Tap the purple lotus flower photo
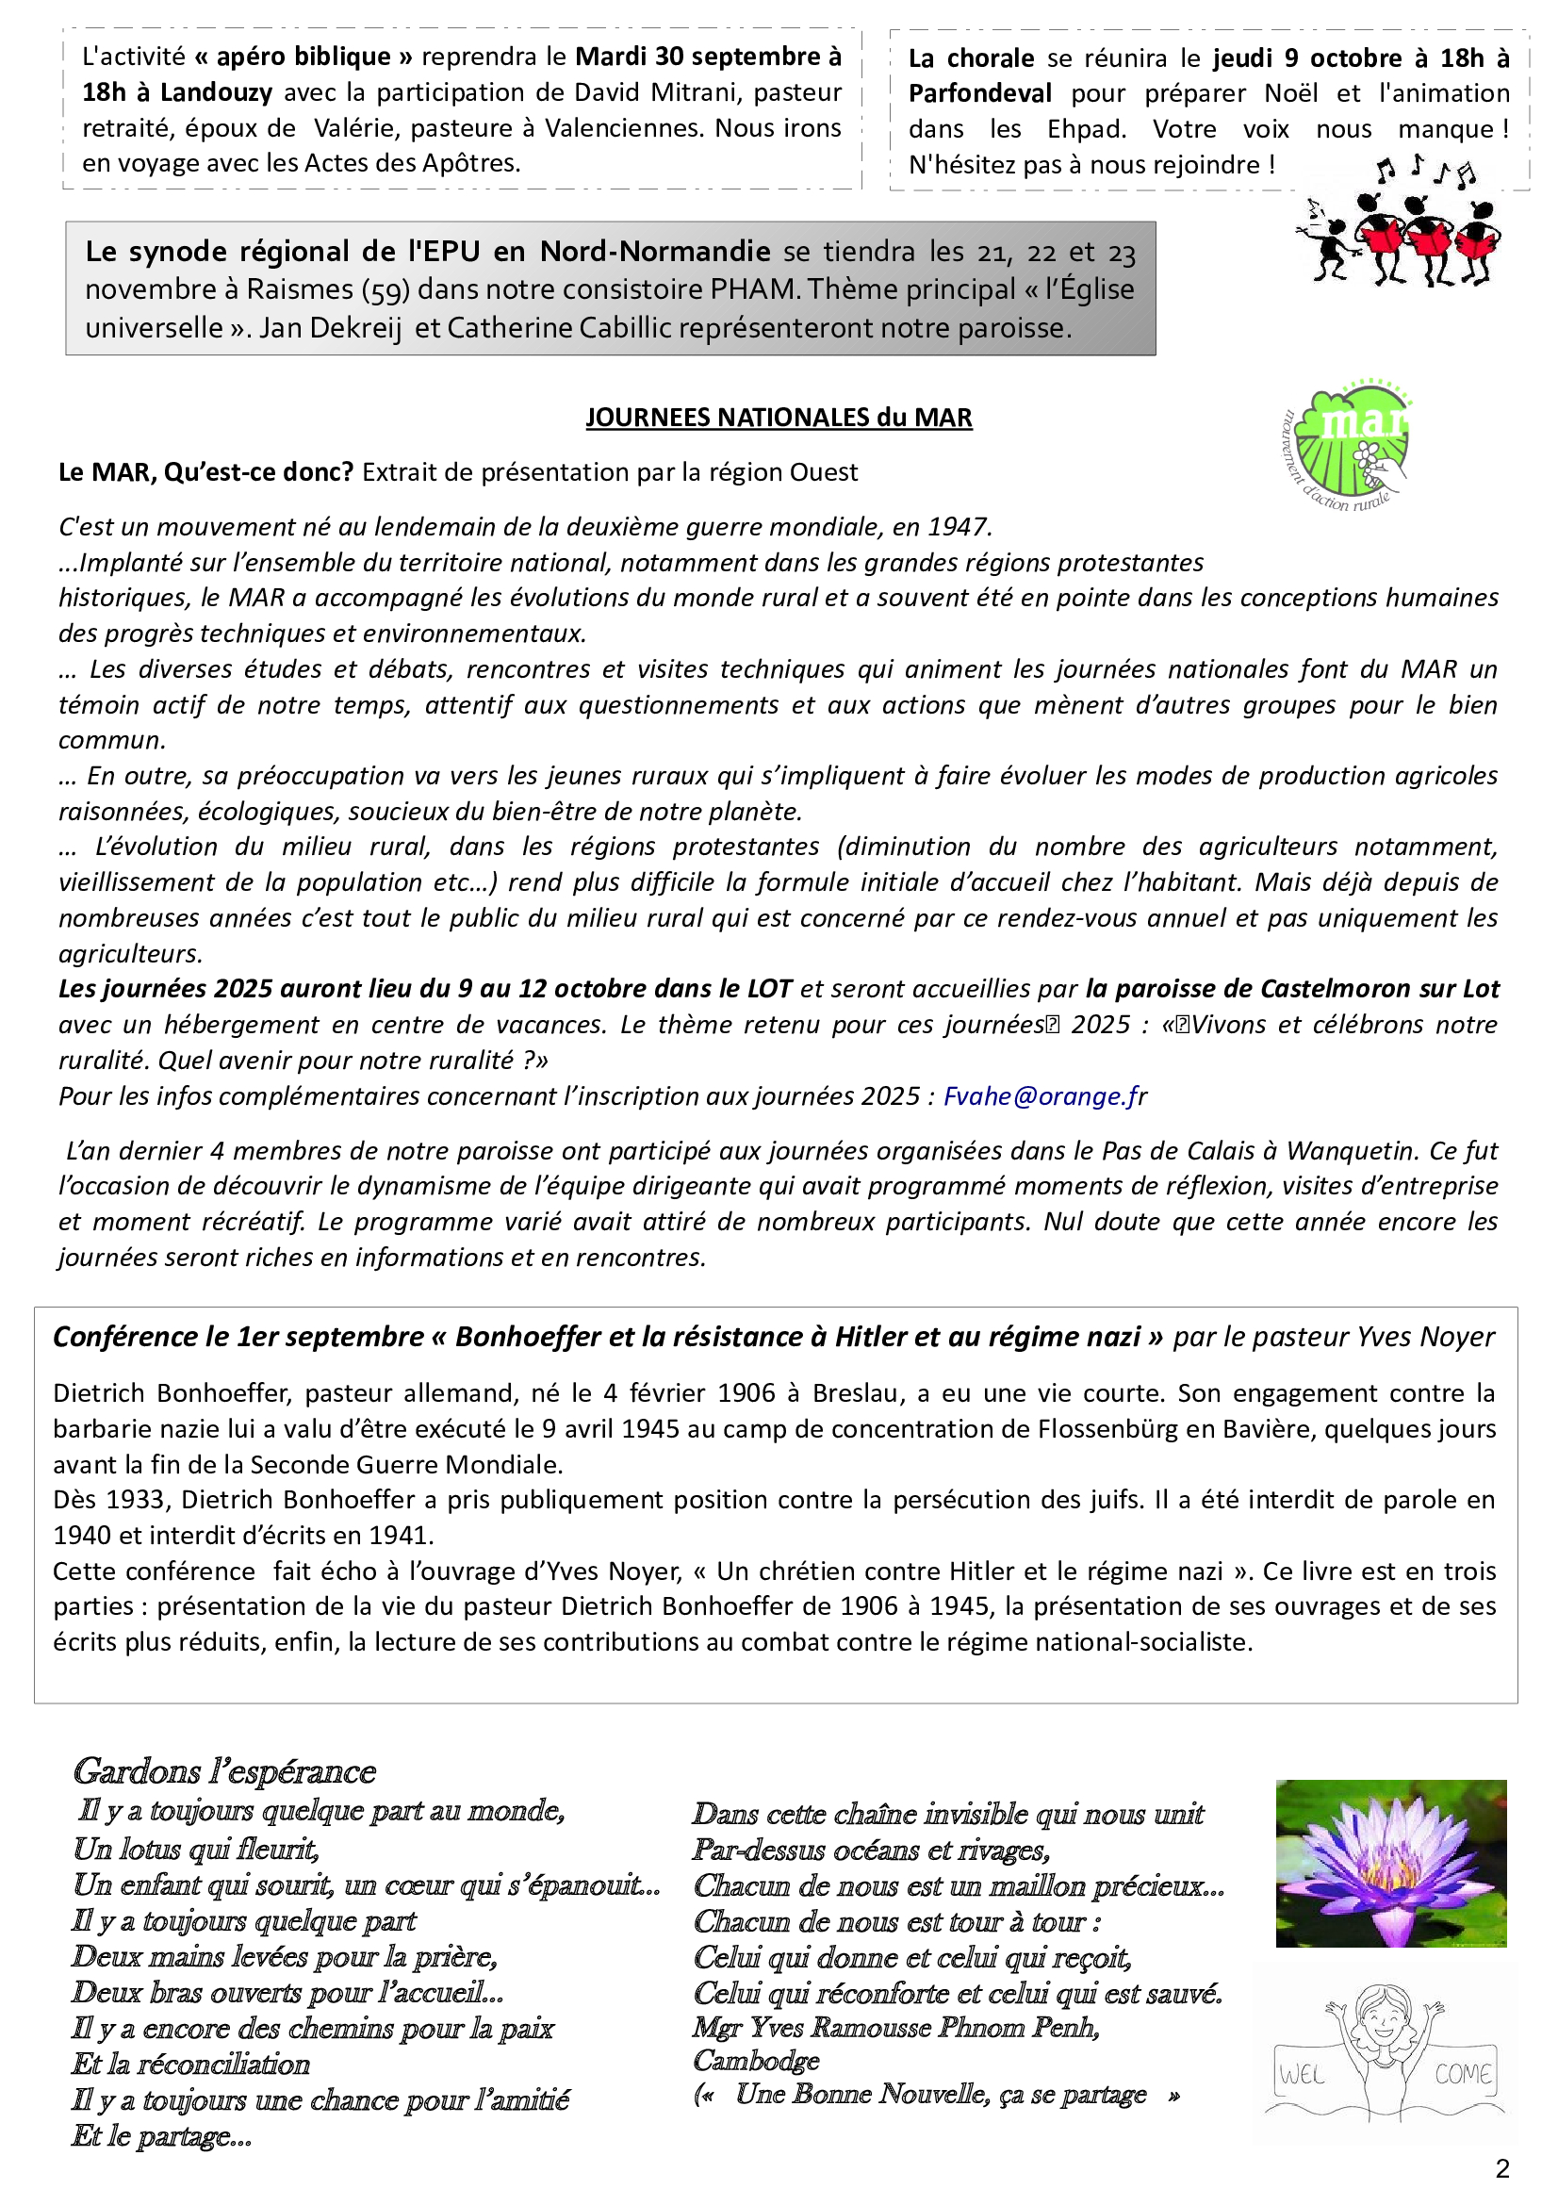point(1390,1863)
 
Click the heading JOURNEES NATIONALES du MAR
point(779,418)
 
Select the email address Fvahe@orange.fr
point(1044,1095)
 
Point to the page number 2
point(1502,2168)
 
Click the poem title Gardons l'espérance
point(223,1771)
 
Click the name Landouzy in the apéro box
point(216,92)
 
